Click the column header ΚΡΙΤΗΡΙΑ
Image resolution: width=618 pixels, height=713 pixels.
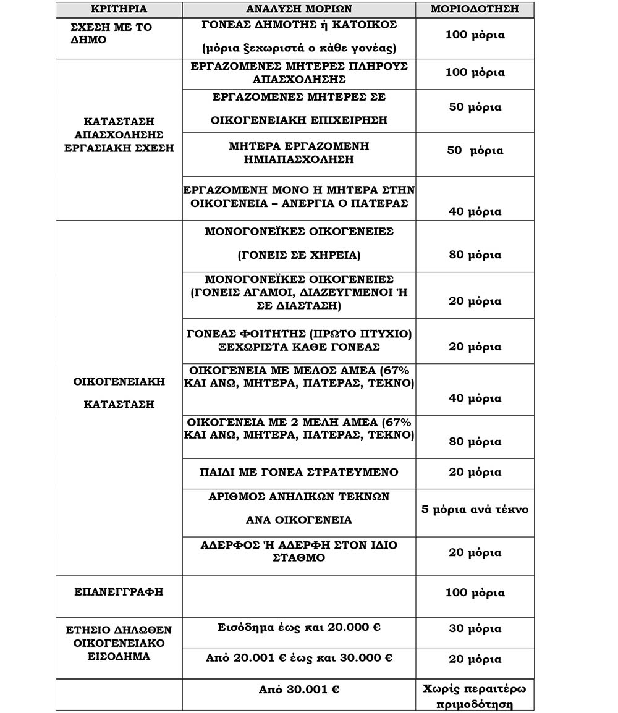click(119, 9)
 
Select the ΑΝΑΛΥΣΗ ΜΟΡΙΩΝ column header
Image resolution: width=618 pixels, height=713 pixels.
click(298, 9)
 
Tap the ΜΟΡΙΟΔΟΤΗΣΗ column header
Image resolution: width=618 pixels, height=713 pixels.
click(475, 9)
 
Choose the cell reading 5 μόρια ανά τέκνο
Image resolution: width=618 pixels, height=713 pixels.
click(475, 510)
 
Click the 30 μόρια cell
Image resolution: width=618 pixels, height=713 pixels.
click(475, 629)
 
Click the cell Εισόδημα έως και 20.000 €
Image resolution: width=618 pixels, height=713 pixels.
click(298, 628)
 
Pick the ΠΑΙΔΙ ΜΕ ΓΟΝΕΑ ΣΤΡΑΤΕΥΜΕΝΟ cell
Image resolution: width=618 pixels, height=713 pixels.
click(298, 473)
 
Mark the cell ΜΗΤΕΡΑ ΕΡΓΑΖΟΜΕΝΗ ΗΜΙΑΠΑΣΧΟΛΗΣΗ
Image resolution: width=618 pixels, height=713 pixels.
click(298, 152)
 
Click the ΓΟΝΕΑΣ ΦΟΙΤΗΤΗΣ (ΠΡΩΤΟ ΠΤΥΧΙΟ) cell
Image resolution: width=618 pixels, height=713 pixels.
click(298, 340)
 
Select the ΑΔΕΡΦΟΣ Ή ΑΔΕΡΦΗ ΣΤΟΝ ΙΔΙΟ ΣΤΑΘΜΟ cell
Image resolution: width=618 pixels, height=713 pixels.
click(298, 551)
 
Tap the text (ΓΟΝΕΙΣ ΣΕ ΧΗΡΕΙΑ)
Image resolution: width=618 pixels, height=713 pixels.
click(298, 255)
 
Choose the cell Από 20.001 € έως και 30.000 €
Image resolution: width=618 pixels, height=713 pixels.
click(298, 659)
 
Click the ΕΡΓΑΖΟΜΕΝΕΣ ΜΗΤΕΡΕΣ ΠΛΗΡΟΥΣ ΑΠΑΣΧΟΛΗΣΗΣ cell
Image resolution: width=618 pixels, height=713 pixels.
click(298, 73)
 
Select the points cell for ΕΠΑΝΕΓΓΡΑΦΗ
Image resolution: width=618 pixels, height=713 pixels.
click(475, 593)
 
